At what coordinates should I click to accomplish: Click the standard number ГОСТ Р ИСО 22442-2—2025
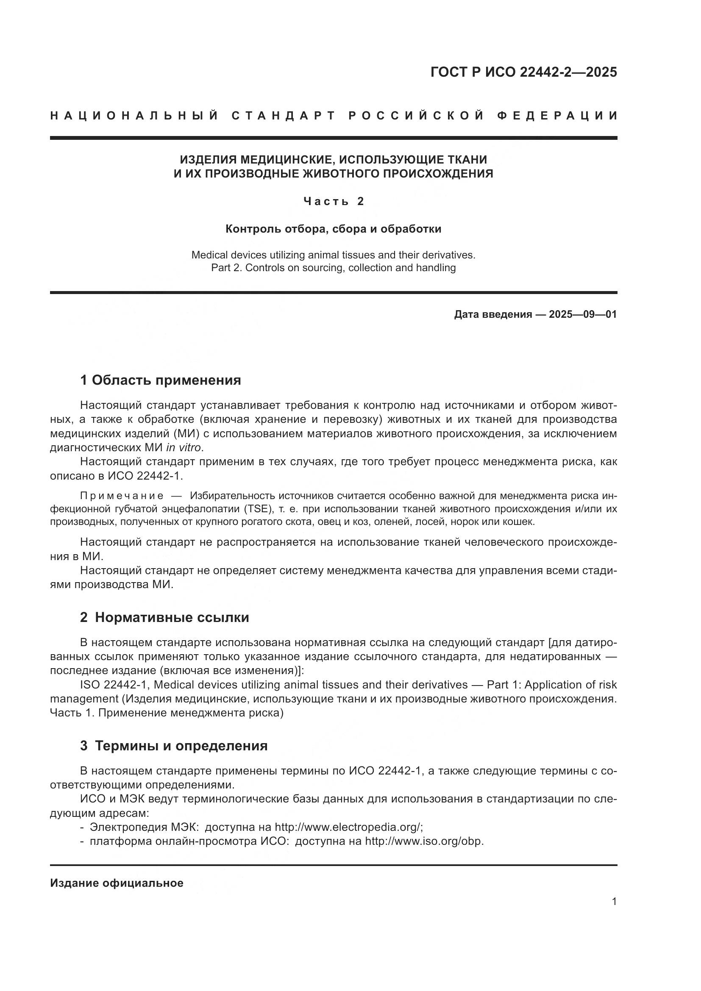(523, 72)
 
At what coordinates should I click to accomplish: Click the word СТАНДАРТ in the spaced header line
(283, 116)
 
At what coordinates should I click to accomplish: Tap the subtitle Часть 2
(333, 201)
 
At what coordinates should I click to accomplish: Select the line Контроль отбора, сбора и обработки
(333, 229)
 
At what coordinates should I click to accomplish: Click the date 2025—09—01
(582, 314)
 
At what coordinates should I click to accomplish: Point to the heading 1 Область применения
(161, 380)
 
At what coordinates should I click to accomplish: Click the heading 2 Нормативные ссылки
(164, 618)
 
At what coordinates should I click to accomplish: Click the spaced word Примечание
(121, 496)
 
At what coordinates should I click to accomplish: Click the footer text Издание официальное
(117, 883)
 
